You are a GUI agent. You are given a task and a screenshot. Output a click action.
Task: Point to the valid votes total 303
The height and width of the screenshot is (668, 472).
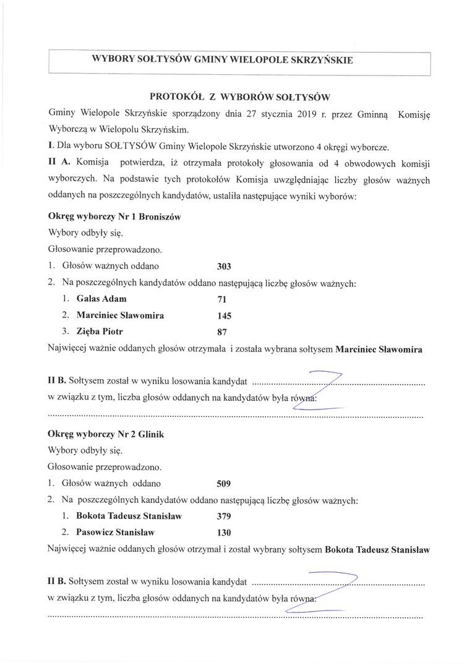pyautogui.click(x=224, y=267)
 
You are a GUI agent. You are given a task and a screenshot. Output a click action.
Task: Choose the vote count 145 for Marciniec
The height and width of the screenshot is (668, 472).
pyautogui.click(x=224, y=316)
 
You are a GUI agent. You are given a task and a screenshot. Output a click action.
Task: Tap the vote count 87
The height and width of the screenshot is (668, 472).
pyautogui.click(x=222, y=332)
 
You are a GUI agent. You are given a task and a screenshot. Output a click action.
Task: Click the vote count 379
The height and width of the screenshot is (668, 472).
pyautogui.click(x=224, y=516)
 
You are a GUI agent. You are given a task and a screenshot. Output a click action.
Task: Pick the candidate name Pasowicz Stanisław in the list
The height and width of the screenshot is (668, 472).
pyautogui.click(x=115, y=532)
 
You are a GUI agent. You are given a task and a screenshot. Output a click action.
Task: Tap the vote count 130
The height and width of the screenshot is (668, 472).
pyautogui.click(x=224, y=533)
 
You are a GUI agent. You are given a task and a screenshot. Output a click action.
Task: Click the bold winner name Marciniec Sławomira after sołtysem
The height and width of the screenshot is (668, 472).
pyautogui.click(x=379, y=349)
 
